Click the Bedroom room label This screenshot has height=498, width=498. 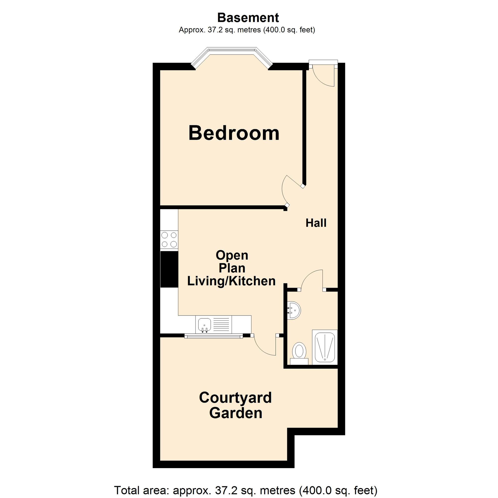(234, 133)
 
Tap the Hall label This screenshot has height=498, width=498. (316, 223)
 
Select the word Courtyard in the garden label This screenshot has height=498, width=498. (235, 397)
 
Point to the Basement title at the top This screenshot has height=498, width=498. (248, 18)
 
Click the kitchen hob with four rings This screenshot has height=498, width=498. (169, 240)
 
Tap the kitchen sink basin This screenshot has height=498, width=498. (205, 324)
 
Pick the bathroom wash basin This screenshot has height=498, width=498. (294, 310)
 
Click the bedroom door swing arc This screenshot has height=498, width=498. (284, 190)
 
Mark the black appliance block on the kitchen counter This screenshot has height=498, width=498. (169, 269)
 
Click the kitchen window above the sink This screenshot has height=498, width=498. (214, 336)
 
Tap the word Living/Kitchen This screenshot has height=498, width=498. (231, 281)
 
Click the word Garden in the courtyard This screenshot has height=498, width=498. (236, 413)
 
